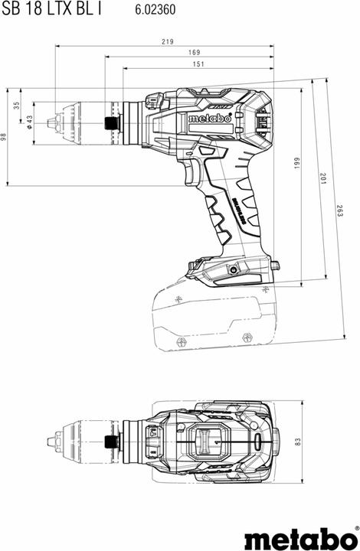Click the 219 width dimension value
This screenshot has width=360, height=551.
point(167,41)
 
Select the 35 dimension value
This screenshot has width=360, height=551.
point(17,105)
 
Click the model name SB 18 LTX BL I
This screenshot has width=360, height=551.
point(51,10)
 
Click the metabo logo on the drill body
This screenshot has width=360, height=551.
point(205,119)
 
